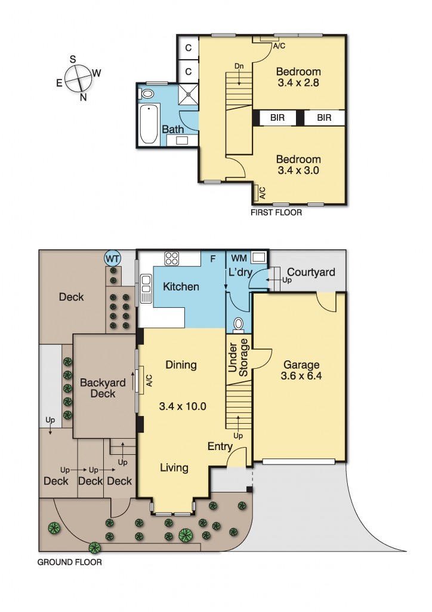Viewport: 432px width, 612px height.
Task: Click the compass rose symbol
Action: (x=79, y=78)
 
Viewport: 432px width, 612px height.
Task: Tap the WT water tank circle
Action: (x=113, y=258)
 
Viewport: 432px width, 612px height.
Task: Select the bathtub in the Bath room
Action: (x=149, y=124)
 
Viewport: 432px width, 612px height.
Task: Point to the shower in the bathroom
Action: (x=188, y=94)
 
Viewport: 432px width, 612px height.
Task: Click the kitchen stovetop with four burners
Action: (x=172, y=258)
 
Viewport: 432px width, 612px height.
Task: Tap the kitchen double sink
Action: (x=146, y=289)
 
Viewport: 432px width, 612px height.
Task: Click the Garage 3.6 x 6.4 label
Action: (x=301, y=371)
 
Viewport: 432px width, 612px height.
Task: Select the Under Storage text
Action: (x=237, y=357)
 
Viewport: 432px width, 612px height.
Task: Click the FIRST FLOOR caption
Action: (x=276, y=213)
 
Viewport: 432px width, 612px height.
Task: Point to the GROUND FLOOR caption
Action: (x=69, y=562)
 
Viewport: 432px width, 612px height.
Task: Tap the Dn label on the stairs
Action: (x=239, y=66)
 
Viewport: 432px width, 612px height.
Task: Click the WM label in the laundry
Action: (x=239, y=258)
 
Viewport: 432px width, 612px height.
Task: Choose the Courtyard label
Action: (x=311, y=272)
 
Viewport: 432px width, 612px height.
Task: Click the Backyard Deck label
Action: (x=103, y=388)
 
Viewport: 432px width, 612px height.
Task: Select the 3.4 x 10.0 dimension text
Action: (x=183, y=406)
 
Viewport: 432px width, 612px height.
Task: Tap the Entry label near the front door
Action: (x=220, y=446)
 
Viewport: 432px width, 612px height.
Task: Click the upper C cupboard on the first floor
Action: (x=189, y=48)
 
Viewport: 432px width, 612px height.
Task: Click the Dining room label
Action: (x=181, y=365)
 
